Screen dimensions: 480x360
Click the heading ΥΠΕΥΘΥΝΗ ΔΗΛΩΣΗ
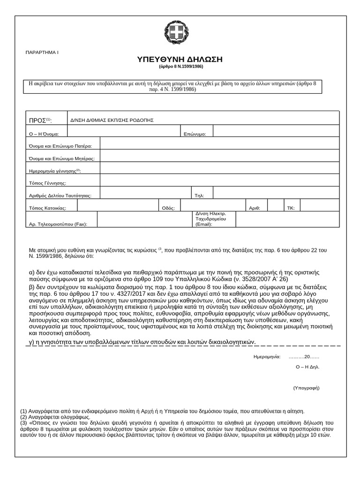pos(180,60)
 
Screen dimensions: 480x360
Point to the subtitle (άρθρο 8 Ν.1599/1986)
pos(180,67)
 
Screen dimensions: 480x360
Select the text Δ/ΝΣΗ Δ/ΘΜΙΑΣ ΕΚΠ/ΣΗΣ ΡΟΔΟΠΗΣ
pos(112,120)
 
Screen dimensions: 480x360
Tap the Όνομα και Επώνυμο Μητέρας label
pos(62,158)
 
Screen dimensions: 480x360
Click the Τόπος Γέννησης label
pos(47,183)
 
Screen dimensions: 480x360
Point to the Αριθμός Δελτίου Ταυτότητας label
pos(60,195)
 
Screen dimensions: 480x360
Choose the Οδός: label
pos(168,207)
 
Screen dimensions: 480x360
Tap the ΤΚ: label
pos(290,207)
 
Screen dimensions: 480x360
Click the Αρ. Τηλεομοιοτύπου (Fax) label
pos(58,224)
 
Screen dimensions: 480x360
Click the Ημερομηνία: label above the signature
pos(267,357)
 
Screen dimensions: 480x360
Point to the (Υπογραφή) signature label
pos(306,388)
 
